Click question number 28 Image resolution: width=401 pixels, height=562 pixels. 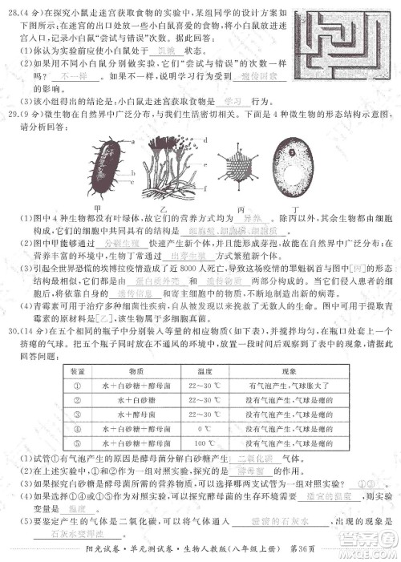[17, 12]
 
